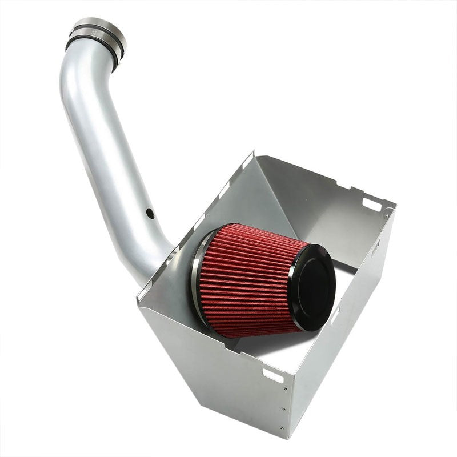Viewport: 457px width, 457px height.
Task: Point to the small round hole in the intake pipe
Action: pyautogui.click(x=150, y=214)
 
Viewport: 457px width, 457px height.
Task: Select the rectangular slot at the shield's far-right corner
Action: pyautogui.click(x=371, y=204)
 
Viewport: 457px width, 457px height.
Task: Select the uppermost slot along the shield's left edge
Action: pyautogui.click(x=246, y=165)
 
